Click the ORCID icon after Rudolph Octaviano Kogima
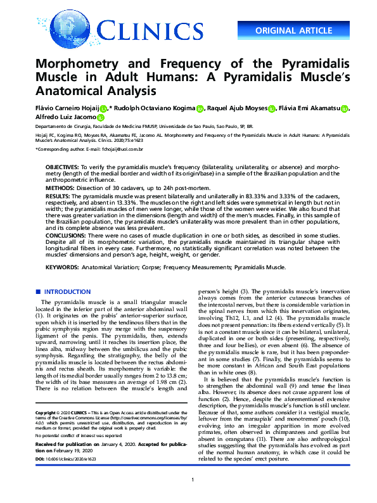click(200, 109)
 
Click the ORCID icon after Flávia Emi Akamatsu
click(344, 109)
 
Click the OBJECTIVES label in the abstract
click(61, 166)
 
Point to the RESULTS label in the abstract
click(58, 198)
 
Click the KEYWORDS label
click(62, 267)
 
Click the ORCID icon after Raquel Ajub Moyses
click(272, 109)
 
